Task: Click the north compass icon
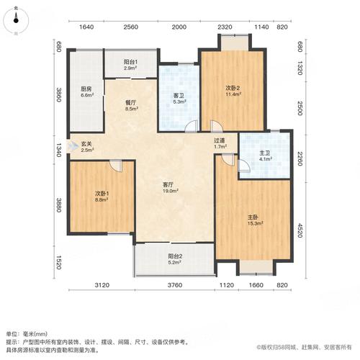point(16,20)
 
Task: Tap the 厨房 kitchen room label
point(86,89)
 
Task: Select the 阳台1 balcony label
point(130,62)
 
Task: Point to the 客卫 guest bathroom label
point(179,96)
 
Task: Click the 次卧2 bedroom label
point(233,88)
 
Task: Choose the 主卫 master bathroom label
point(265,153)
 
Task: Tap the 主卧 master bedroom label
point(253,217)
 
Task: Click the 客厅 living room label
point(168,185)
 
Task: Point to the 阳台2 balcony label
point(175,256)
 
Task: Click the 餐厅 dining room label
point(131,103)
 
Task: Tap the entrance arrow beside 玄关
point(72,145)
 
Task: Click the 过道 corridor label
point(219,140)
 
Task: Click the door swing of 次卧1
point(116,166)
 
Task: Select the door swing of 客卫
point(192,126)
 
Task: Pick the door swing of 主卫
point(244,166)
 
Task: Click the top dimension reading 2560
point(131,27)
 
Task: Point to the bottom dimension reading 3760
point(175,285)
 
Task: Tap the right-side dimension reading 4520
point(300,230)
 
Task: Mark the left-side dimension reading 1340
point(59,150)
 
